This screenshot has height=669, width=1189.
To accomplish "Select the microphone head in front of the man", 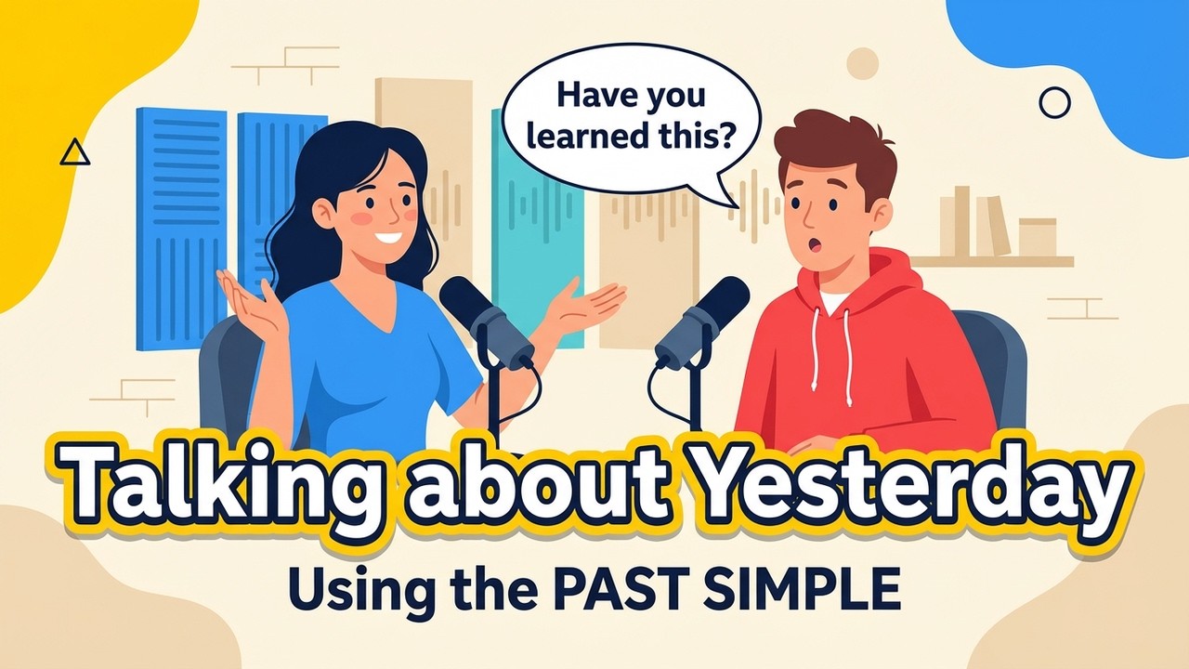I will (703, 315).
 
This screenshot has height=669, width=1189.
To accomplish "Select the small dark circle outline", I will (1054, 102).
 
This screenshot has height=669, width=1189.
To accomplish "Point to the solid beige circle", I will (862, 62).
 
